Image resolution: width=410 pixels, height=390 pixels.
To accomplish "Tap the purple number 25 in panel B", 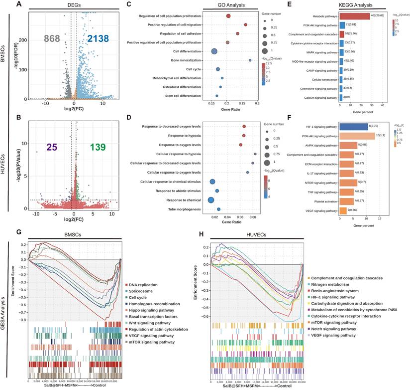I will [52, 147].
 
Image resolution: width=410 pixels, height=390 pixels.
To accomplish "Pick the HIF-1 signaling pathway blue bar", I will [353, 127].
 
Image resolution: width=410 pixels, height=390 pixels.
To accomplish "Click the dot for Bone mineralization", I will [250, 60].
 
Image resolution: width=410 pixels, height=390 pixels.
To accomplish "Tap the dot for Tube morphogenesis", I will [218, 209].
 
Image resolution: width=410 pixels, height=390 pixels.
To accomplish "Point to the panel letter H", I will [200, 233].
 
